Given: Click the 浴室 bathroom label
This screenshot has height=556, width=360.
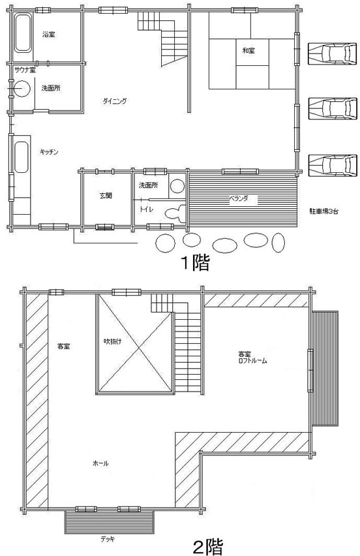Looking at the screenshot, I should [48, 34].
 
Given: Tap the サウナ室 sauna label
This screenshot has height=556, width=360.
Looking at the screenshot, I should [24, 69].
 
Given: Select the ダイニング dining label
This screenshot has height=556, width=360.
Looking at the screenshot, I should [114, 101].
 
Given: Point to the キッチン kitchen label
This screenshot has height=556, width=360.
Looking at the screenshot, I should [50, 151].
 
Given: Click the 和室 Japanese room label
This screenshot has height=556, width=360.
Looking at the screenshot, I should [248, 50].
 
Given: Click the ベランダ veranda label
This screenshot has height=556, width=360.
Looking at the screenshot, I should [238, 198].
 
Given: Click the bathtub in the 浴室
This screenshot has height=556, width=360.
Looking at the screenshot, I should [23, 34].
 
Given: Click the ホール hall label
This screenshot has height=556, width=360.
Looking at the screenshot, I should [100, 463].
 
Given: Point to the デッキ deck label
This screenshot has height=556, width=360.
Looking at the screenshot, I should [108, 539].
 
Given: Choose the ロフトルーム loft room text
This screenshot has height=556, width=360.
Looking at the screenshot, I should [253, 360].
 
